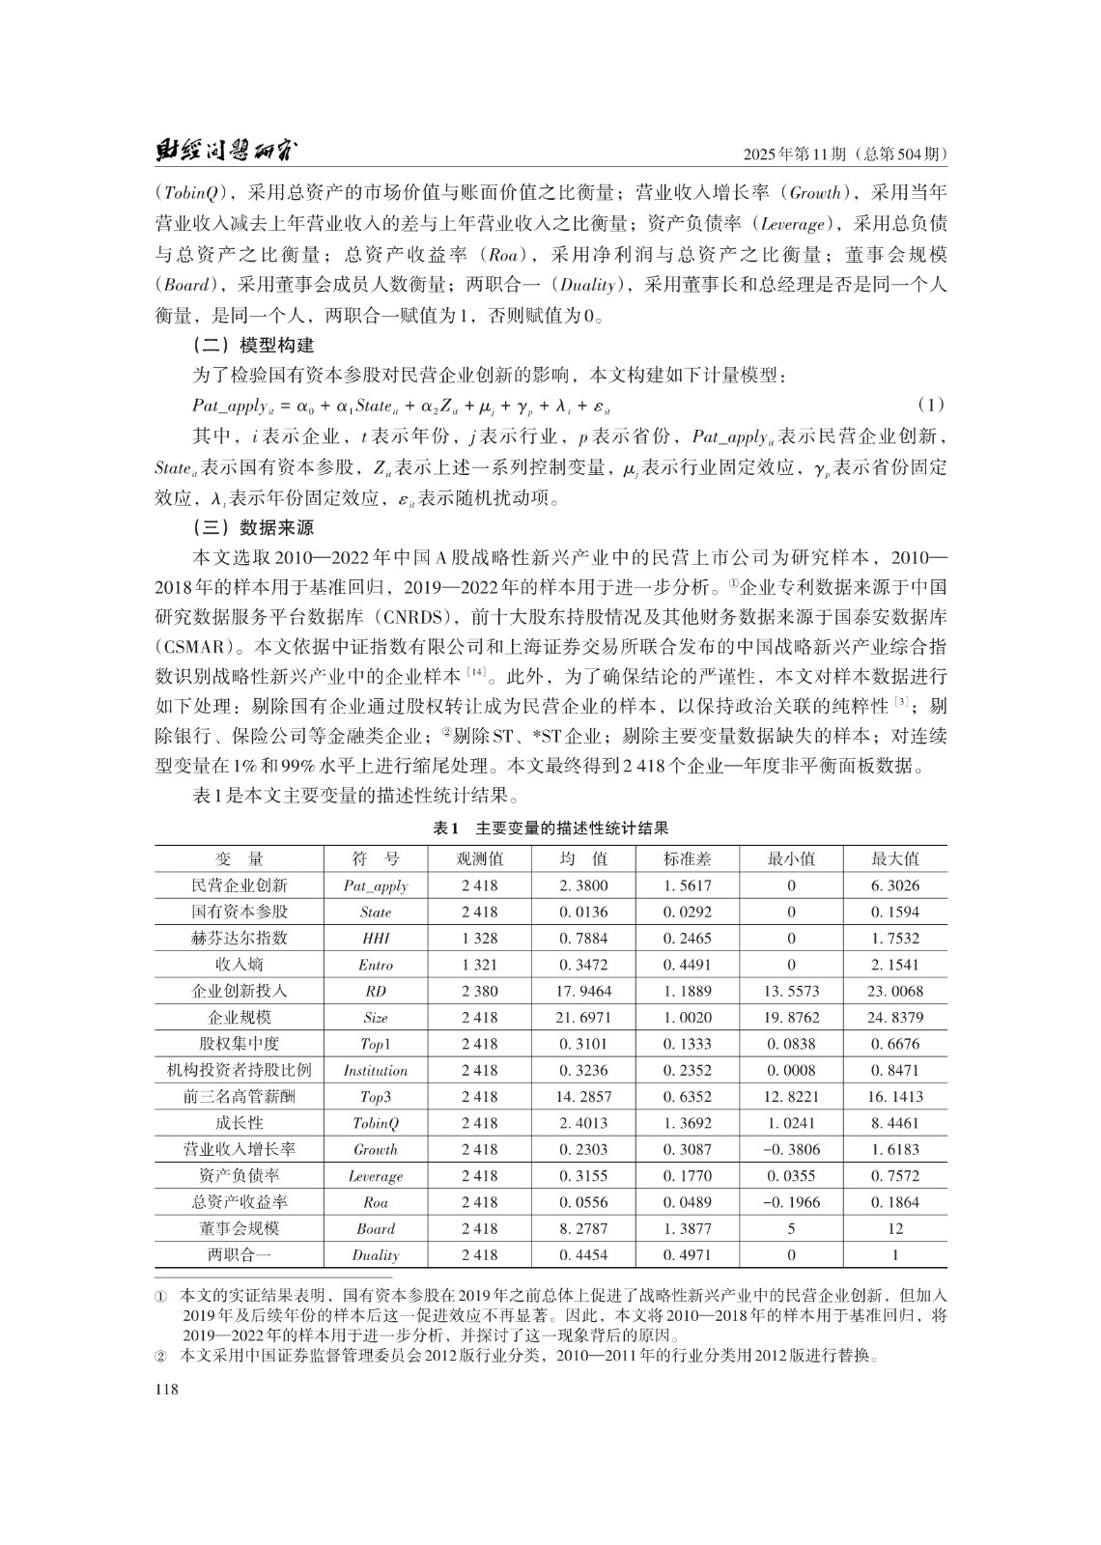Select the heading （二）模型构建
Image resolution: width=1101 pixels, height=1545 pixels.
coord(253,345)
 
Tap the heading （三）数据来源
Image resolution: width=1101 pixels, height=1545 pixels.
coord(253,528)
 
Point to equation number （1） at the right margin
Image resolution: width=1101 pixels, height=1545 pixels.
coord(930,404)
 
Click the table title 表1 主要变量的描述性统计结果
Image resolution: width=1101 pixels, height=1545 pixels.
coord(550,829)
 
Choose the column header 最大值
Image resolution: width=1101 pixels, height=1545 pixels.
coord(895,858)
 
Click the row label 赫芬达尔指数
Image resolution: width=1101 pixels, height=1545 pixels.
coord(239,938)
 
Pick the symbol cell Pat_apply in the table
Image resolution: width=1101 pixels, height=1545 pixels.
coord(376,885)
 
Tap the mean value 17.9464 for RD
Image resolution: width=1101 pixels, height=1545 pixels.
coord(584,991)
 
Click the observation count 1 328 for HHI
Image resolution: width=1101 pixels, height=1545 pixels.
coord(480,938)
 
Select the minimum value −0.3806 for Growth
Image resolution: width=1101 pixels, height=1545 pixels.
coord(791,1149)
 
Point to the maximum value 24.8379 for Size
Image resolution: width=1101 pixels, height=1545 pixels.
coord(895,1017)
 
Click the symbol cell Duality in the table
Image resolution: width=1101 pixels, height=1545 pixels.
coord(376,1255)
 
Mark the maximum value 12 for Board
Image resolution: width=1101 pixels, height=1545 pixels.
coord(895,1228)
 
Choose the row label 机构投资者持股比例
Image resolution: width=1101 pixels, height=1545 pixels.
coord(239,1070)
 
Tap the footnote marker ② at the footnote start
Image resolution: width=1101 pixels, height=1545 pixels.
coord(161,1356)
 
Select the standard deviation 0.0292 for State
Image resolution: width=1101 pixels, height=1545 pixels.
coord(687,912)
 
